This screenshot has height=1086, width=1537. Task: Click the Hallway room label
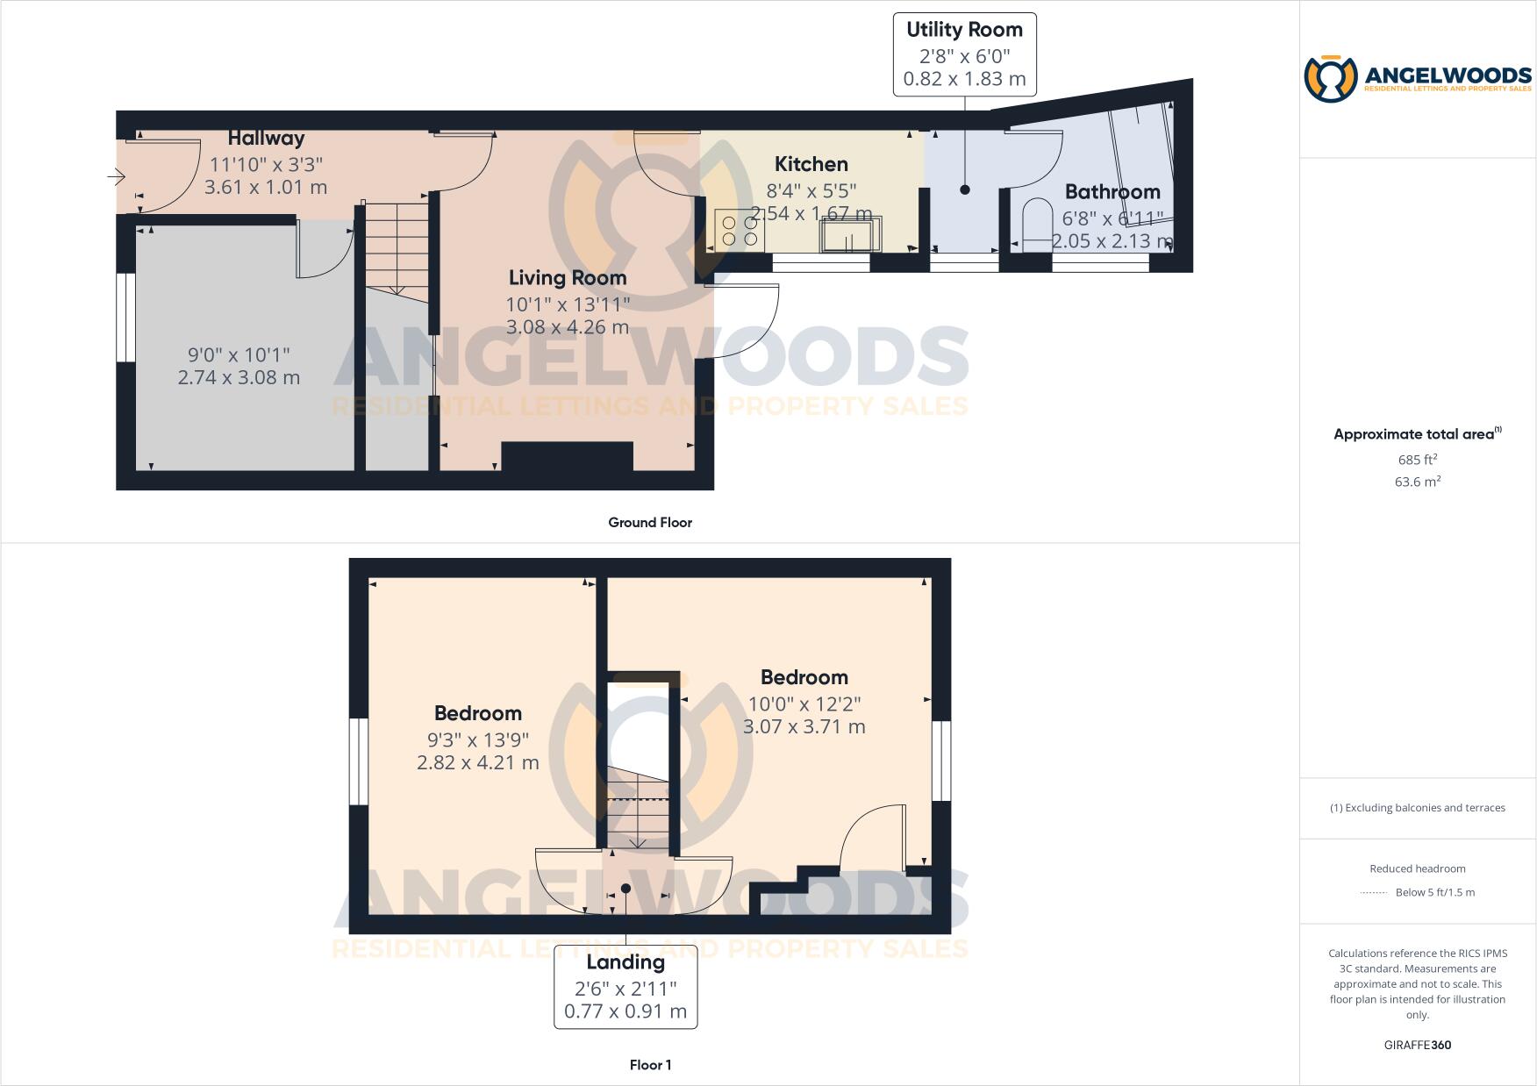click(266, 139)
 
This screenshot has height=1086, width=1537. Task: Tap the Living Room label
click(568, 278)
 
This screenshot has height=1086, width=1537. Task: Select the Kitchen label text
click(811, 164)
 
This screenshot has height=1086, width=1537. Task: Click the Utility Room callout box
click(964, 54)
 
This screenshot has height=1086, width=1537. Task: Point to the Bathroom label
click(1112, 192)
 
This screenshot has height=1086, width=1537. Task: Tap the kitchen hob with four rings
click(739, 230)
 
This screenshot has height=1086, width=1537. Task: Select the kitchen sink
click(848, 235)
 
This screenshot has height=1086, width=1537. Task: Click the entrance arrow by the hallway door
click(117, 177)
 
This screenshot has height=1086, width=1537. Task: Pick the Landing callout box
click(626, 987)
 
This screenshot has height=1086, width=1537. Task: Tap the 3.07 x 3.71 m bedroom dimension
click(804, 727)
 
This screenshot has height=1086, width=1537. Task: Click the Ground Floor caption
click(650, 523)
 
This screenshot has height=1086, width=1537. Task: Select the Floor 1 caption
click(650, 1065)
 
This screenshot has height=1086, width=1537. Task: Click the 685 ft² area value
click(1417, 460)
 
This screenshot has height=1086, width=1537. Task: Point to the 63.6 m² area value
click(1417, 482)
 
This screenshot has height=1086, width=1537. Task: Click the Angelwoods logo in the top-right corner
click(1417, 79)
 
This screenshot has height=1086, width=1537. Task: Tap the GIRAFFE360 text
click(1417, 1045)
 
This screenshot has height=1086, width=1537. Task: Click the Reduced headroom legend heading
click(1417, 868)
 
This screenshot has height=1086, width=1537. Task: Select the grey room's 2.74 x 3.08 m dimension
click(239, 378)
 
